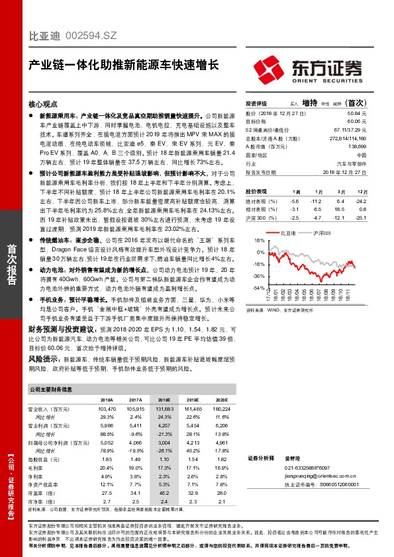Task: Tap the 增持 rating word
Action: pyautogui.click(x=309, y=104)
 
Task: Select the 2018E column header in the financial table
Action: pyautogui.click(x=164, y=400)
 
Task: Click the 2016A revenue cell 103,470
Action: pyautogui.click(x=107, y=410)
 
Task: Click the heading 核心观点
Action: pyautogui.click(x=44, y=105)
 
